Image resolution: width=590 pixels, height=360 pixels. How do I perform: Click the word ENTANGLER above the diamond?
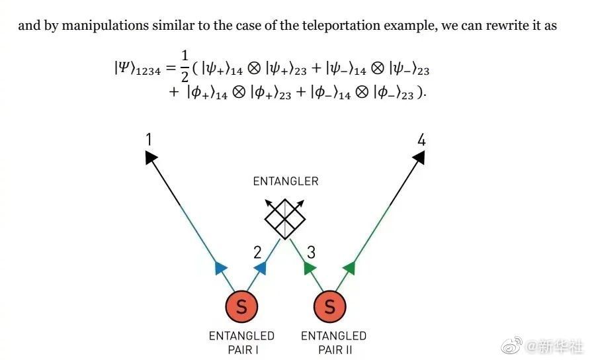(x=286, y=181)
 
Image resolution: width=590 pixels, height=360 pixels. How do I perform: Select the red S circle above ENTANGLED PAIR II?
(x=329, y=306)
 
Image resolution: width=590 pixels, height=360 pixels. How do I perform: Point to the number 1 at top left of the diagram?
(x=149, y=140)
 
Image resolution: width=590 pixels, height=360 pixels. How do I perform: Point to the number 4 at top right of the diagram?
(x=421, y=140)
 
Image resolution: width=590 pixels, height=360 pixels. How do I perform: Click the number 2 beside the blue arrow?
(x=257, y=251)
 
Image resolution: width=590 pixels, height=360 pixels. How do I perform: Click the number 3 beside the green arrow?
(x=311, y=251)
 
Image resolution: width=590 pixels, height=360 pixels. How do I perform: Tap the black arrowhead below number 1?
(x=151, y=157)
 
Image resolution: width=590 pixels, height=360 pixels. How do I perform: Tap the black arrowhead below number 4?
(x=419, y=157)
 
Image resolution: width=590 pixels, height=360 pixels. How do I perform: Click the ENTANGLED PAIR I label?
(x=241, y=343)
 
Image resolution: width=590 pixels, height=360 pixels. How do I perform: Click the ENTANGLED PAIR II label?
(x=333, y=343)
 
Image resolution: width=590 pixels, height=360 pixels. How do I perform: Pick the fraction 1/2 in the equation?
(x=184, y=67)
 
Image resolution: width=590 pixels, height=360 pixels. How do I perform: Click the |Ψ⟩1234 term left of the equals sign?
(x=137, y=68)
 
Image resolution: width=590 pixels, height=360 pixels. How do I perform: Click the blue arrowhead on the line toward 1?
(x=220, y=268)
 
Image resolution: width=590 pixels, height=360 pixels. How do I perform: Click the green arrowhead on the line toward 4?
(x=350, y=268)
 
